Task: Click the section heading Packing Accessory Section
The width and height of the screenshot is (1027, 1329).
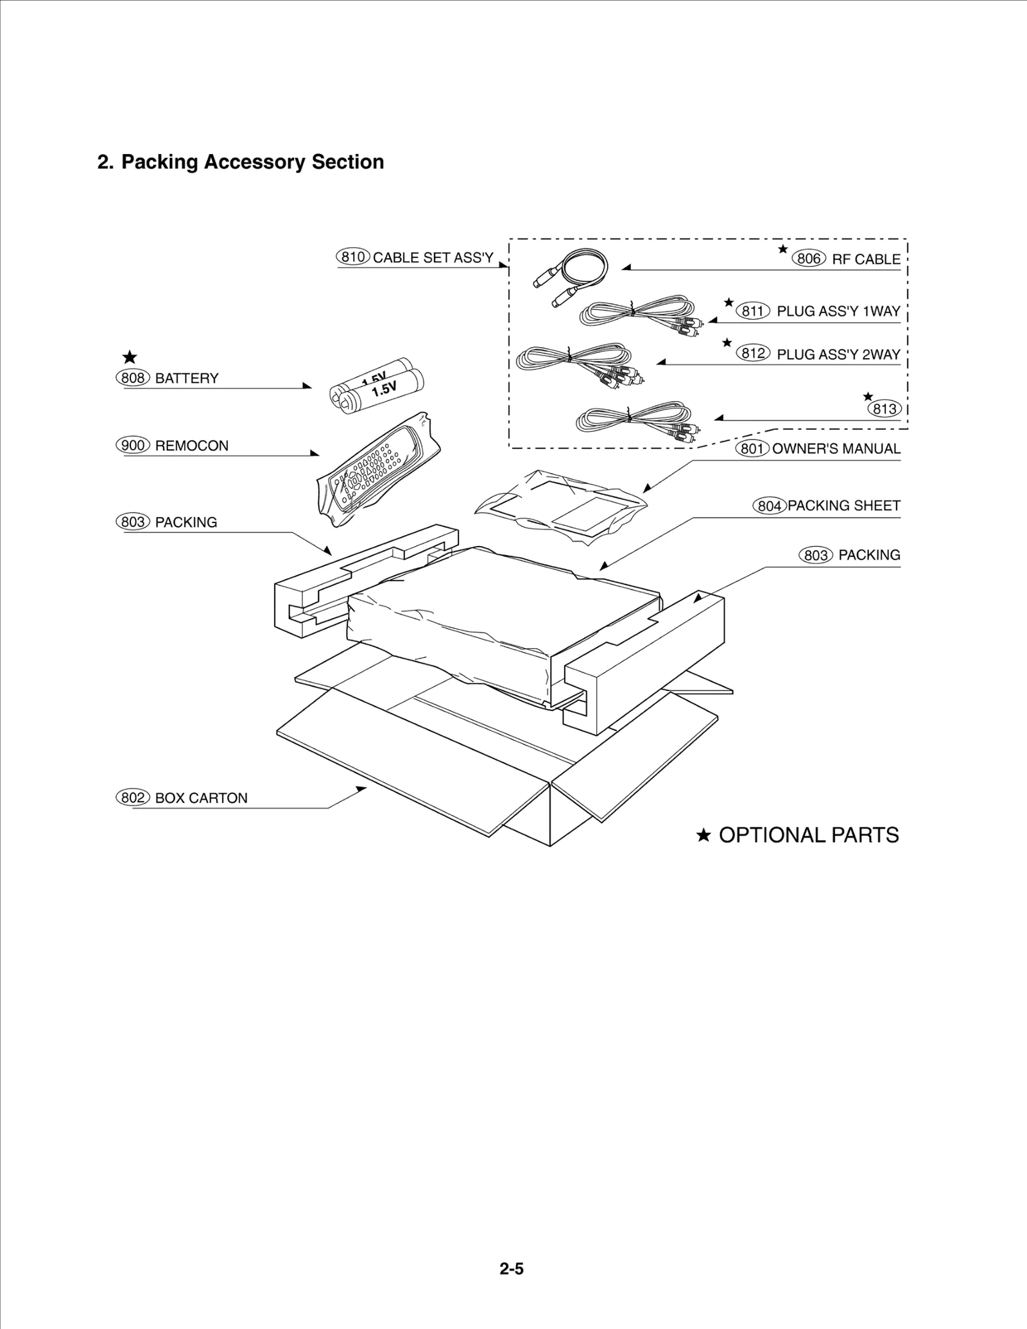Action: coord(241,162)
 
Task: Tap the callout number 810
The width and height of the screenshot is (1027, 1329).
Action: coord(352,257)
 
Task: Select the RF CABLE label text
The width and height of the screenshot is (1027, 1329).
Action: coord(866,259)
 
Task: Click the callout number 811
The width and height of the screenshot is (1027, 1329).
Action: coord(752,311)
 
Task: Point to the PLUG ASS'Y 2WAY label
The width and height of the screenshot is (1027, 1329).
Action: coord(838,354)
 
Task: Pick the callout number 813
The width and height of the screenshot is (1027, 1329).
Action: coord(885,409)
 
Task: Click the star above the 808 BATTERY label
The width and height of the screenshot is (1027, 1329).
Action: coord(130,357)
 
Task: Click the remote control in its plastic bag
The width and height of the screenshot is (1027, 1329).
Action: coord(379,470)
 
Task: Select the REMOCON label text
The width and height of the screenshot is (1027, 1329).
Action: coord(191,446)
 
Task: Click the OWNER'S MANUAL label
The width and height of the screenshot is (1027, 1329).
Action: coord(836,449)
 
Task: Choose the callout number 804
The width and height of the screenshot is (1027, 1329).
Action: coord(769,506)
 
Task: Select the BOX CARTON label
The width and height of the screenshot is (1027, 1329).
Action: coord(201,798)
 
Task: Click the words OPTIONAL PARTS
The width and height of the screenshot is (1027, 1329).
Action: coord(808,836)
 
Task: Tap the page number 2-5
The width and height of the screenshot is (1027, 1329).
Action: coord(512,1269)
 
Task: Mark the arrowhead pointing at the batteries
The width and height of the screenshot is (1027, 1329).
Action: coord(307,386)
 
